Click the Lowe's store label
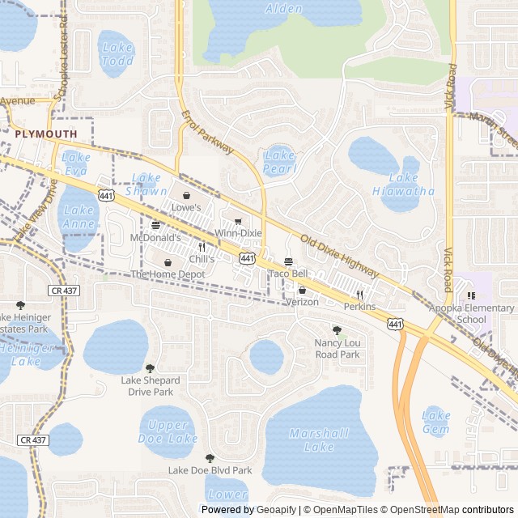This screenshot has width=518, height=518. (185, 207)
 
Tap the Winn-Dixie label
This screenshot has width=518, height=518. (238, 233)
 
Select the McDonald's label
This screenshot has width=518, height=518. (155, 238)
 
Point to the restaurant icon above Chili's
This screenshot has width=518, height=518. (202, 248)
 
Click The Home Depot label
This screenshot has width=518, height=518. (168, 274)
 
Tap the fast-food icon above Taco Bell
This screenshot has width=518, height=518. (289, 261)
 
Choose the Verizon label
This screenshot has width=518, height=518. (302, 302)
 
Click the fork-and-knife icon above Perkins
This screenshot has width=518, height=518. (359, 295)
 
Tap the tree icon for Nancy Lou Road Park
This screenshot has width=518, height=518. (337, 330)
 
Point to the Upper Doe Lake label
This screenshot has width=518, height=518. (168, 432)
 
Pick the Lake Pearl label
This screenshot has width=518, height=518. (279, 162)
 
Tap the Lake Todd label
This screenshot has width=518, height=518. (117, 54)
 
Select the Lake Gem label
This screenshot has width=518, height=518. (436, 422)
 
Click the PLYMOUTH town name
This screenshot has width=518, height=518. (45, 134)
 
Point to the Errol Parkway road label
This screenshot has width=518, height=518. (207, 132)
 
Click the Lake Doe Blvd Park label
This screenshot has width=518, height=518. (210, 470)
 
